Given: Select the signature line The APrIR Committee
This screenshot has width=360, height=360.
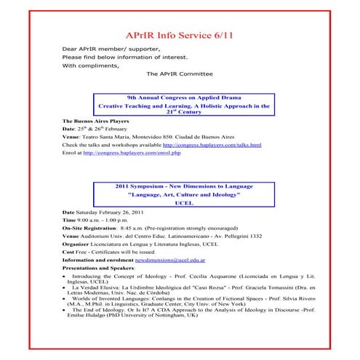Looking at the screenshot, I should (180, 73).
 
